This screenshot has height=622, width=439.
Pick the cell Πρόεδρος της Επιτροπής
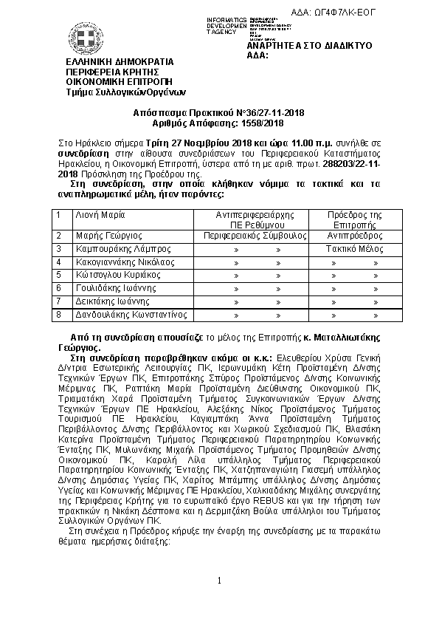pos(355,219)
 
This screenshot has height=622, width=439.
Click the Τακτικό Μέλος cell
pos(355,249)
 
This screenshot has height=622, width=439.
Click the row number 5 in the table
pos(58,275)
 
